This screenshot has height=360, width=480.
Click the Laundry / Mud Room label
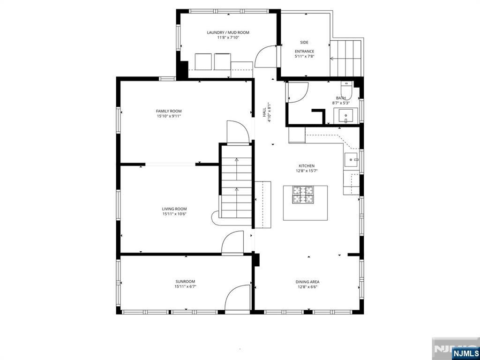[228, 32]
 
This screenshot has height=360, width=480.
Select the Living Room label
[174, 209]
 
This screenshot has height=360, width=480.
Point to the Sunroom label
[185, 282]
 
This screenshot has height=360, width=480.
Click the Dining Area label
[307, 282]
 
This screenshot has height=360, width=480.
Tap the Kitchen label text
[307, 166]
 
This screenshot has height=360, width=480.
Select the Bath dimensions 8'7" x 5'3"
[341, 103]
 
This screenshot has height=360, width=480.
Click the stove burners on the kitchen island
[303, 195]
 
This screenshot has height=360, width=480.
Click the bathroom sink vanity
[346, 116]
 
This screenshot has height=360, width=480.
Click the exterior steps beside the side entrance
[346, 58]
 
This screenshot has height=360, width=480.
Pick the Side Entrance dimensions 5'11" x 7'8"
[305, 56]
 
